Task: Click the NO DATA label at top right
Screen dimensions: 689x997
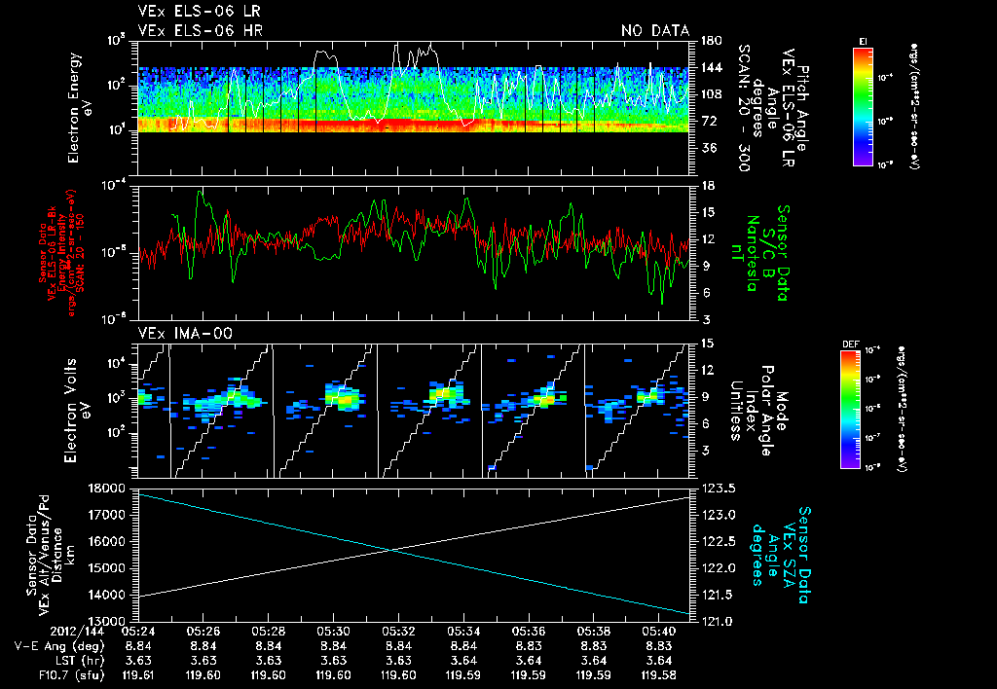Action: coord(654,30)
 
